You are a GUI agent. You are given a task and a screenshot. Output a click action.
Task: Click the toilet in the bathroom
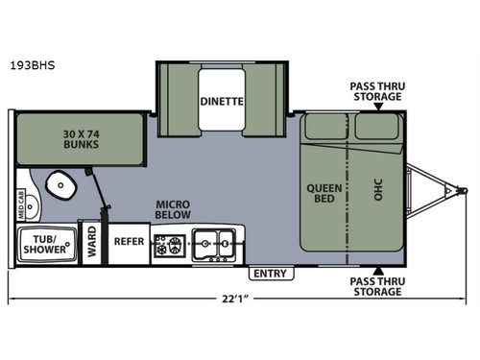[61, 182]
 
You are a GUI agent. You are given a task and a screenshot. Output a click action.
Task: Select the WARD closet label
[92, 242]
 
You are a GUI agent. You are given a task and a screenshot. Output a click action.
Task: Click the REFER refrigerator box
[129, 242]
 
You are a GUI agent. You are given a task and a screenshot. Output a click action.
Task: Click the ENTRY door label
[271, 274]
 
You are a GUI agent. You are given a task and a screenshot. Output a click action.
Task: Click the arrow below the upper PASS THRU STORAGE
[379, 107]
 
